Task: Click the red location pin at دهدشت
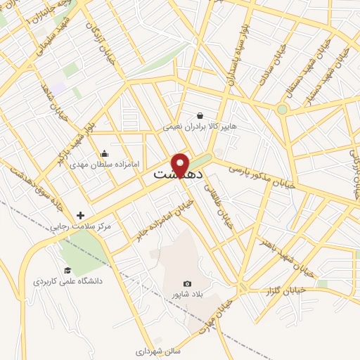tap(181, 165)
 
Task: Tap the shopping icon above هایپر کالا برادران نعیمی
tap(200, 116)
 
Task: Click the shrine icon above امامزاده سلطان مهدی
tap(105, 154)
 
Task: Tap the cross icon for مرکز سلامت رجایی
tap(80, 215)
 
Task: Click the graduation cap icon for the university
tap(67, 270)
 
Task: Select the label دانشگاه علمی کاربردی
tap(67, 281)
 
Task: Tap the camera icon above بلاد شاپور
tap(187, 283)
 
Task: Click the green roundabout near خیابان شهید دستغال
tap(282, 109)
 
